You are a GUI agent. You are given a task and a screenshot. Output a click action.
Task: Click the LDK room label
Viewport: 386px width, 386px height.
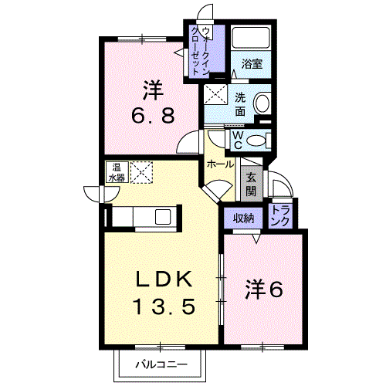(x=164, y=279)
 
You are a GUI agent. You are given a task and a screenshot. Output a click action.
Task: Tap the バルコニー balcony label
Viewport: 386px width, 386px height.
(x=161, y=364)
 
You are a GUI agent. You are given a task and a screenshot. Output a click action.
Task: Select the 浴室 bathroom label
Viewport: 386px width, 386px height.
(x=252, y=63)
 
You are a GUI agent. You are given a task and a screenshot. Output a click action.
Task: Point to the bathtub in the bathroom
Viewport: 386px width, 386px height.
(x=251, y=38)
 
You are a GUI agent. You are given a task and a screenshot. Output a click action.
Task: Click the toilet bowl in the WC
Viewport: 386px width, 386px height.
(x=256, y=141)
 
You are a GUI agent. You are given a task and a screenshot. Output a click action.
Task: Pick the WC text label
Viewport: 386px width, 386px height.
(x=238, y=141)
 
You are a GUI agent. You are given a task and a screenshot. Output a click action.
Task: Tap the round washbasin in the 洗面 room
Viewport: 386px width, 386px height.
(x=262, y=103)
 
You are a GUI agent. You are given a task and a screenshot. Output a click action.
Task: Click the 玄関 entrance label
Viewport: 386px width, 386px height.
(x=251, y=184)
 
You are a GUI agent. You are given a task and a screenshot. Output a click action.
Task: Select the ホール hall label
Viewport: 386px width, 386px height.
(x=221, y=164)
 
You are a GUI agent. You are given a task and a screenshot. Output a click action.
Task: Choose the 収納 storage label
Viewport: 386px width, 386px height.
(x=243, y=218)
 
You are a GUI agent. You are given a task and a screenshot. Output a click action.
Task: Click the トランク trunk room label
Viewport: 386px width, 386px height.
(x=281, y=215)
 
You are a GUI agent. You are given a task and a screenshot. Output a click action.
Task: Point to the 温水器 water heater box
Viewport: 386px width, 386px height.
(x=117, y=172)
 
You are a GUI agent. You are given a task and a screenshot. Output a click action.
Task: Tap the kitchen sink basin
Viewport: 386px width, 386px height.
(x=163, y=217)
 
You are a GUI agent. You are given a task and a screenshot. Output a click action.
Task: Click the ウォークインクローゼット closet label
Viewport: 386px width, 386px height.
(x=201, y=51)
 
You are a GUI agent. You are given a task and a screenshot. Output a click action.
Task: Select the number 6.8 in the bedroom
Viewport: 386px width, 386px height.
(x=153, y=115)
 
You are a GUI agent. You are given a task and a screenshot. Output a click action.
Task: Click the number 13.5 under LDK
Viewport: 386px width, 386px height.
(x=164, y=306)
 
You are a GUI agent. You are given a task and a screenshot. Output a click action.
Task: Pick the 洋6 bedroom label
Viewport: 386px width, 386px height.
(x=264, y=289)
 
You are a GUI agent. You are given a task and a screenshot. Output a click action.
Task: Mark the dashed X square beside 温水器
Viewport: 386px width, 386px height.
(x=141, y=172)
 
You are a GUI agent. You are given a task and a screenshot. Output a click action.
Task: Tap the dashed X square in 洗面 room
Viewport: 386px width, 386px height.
(x=215, y=94)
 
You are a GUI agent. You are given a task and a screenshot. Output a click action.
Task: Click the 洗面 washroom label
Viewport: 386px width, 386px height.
(x=240, y=105)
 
